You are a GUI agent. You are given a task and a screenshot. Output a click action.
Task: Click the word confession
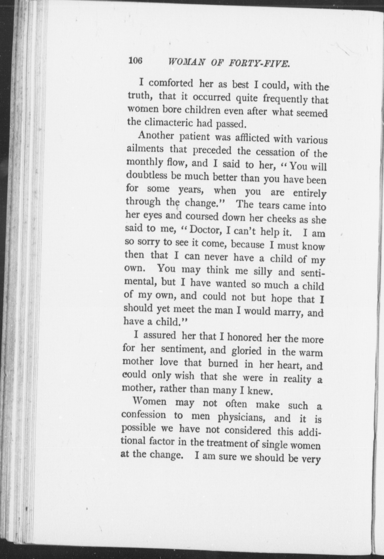[143, 415]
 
